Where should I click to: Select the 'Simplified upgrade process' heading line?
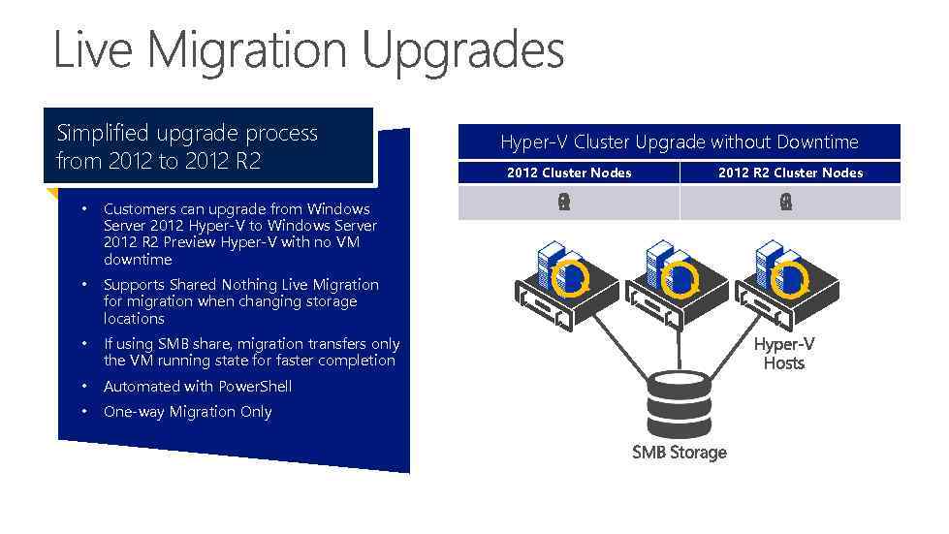tap(187, 133)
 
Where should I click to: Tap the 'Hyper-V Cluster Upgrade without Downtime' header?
tap(679, 142)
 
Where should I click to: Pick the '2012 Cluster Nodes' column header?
tap(569, 173)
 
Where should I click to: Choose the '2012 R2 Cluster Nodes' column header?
tap(790, 173)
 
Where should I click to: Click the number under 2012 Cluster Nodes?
tap(564, 203)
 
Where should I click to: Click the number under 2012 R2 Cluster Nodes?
tap(785, 203)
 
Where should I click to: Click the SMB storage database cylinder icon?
tap(679, 400)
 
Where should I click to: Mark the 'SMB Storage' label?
tap(679, 453)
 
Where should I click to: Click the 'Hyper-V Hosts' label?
tap(784, 354)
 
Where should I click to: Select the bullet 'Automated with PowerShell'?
tap(198, 387)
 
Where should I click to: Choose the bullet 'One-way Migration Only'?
tap(187, 412)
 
